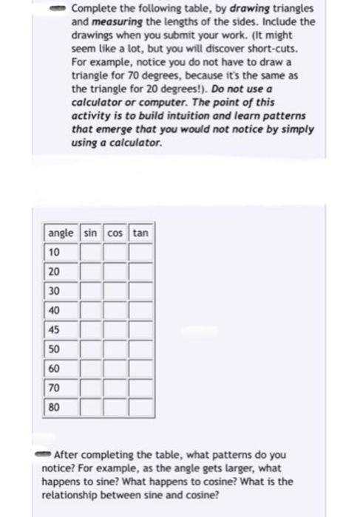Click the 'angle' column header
60,233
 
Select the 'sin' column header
90,233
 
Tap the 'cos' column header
115,233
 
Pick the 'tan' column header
141,233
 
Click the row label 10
55,253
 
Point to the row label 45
55,329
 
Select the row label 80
55,406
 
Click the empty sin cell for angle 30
90,291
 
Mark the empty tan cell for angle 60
141,368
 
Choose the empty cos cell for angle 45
115,329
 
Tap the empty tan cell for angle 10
141,253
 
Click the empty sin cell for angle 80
90,406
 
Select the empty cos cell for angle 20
115,272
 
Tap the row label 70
55,387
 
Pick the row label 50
55,349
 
